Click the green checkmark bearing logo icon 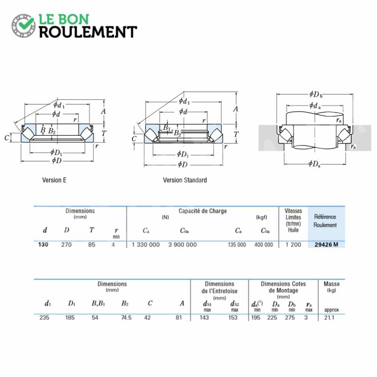24,26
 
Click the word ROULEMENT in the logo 88,32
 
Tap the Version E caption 54,180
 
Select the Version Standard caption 185,180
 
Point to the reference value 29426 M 326,245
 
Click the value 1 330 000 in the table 146,245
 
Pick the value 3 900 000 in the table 182,245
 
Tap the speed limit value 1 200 293,245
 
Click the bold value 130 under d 43,245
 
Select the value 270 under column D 66,245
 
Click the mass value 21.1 329,318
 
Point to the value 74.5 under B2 126,318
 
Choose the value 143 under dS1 204,318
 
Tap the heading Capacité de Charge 203,211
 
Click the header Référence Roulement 325,221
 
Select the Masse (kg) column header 332,287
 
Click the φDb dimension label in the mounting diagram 316,94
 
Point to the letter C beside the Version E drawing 7,138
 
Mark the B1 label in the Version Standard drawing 167,128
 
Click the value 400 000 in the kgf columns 264,245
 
